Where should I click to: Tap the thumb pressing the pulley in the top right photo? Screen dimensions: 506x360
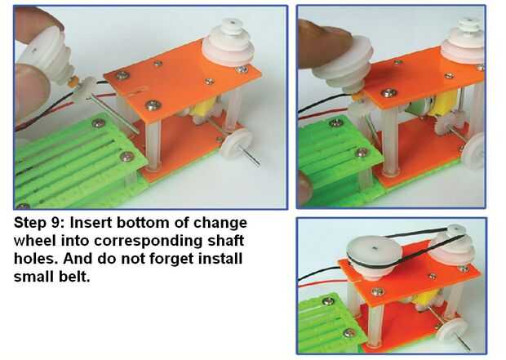[x=324, y=44]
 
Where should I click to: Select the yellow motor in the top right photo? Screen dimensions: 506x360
[x=442, y=103]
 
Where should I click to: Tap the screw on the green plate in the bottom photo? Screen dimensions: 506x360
[x=329, y=301]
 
